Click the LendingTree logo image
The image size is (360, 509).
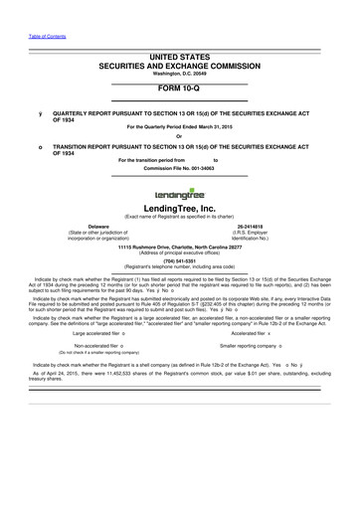179,194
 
